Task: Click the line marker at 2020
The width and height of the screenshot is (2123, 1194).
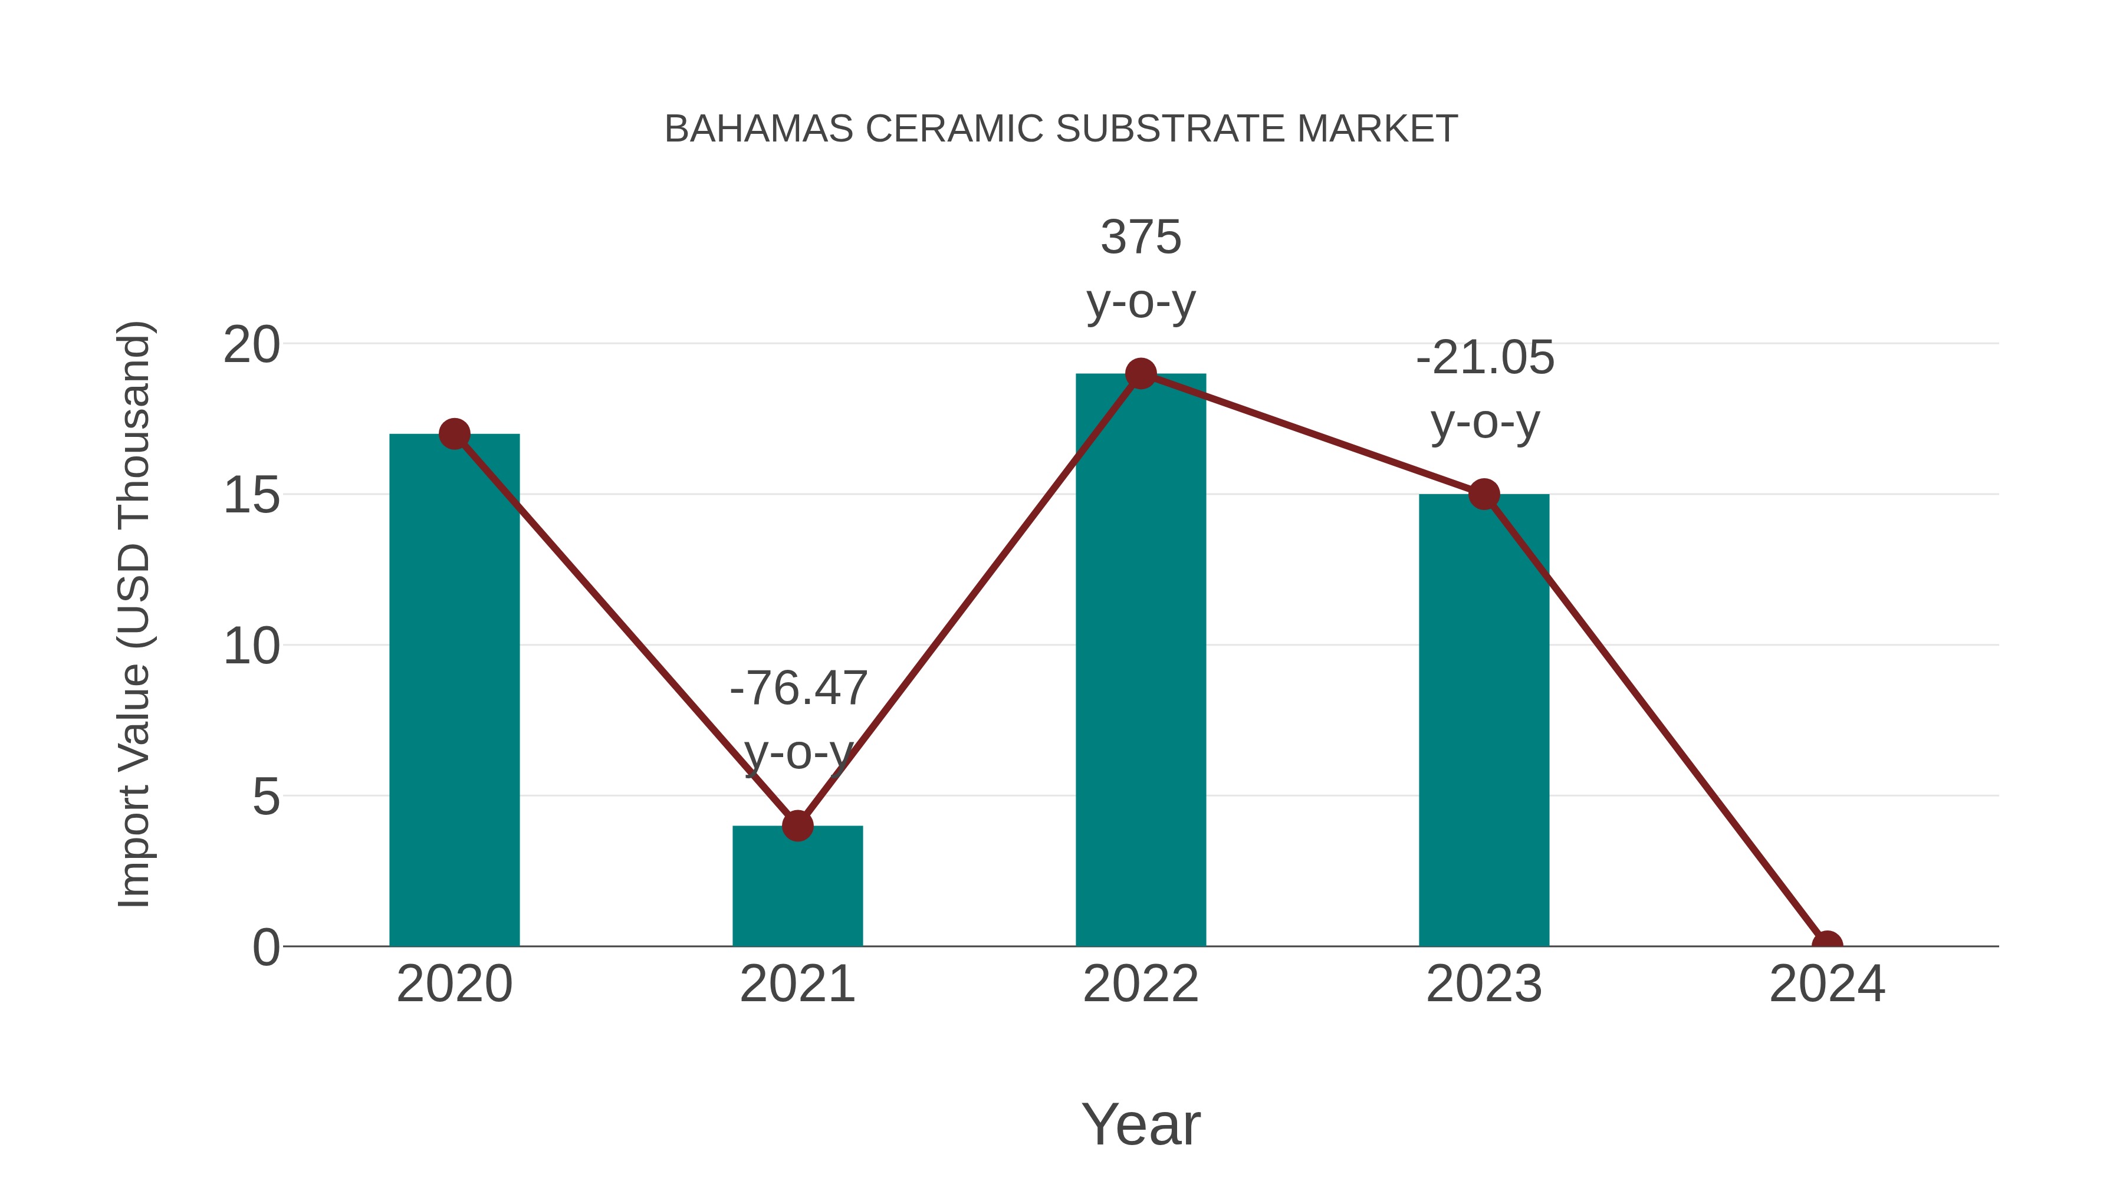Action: tap(454, 433)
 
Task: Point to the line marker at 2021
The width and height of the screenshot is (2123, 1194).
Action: tap(797, 825)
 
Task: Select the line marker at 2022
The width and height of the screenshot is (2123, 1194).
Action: tap(1141, 373)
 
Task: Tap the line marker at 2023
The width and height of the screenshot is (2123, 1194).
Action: tap(1484, 495)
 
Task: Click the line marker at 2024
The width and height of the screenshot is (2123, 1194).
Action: tap(1826, 945)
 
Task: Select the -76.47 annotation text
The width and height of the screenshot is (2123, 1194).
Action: tap(798, 688)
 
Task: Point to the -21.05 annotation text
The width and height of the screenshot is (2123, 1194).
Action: tap(1484, 358)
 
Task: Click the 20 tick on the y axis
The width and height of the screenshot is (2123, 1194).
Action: tap(251, 344)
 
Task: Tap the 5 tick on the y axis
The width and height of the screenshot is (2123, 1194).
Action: tap(265, 797)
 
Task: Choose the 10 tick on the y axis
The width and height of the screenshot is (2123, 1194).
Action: tap(251, 646)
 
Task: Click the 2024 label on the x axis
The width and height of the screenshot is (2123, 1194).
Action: tap(1826, 984)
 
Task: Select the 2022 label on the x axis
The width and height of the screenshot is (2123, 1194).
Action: tap(1141, 984)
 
